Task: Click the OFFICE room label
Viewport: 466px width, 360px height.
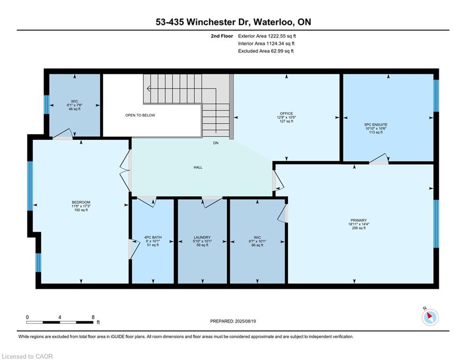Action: (x=286, y=113)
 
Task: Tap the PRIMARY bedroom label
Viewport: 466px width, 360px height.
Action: (x=358, y=220)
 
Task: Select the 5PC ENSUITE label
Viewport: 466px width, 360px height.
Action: (x=376, y=125)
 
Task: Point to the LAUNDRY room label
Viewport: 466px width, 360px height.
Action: (x=202, y=237)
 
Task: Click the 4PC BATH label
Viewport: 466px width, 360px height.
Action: (x=153, y=237)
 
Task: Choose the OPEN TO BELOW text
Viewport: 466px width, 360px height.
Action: (x=140, y=115)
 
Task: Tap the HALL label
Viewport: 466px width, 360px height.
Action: (x=198, y=167)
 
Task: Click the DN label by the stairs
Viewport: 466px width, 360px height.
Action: (x=216, y=143)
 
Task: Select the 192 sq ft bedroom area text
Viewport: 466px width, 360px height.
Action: (x=81, y=210)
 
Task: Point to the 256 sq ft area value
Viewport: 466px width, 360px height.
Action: (x=358, y=228)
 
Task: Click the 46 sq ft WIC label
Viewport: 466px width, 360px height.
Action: (x=74, y=109)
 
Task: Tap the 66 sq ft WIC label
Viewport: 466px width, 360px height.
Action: (x=257, y=245)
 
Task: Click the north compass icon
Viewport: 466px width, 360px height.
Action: (x=430, y=317)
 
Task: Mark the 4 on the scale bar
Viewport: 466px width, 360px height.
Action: (x=60, y=317)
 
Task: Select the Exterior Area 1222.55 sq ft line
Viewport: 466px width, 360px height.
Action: (x=267, y=36)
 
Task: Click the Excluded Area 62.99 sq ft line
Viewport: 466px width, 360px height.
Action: (x=266, y=51)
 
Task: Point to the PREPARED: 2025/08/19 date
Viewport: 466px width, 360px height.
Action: (x=233, y=321)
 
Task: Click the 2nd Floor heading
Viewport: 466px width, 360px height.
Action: (x=222, y=36)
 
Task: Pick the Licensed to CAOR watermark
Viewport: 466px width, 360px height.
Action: (x=27, y=356)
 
